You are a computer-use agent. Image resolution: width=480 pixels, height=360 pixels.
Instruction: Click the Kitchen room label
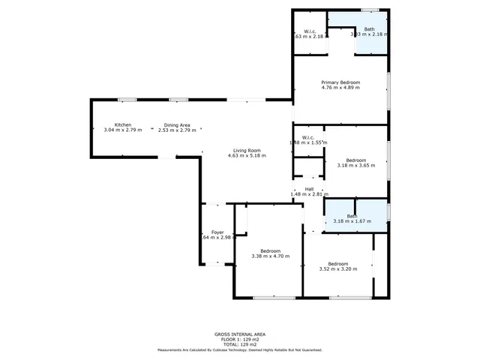123,124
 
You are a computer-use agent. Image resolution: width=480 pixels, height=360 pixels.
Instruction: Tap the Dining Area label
177,124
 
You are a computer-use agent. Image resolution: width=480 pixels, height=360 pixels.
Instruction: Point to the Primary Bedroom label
340,82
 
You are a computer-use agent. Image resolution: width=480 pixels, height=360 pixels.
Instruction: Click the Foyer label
217,232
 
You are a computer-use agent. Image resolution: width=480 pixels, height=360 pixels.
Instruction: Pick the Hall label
309,189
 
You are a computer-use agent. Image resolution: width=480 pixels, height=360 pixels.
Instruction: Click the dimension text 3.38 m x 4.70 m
270,256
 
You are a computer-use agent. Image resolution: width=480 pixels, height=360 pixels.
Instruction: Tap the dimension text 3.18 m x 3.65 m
356,166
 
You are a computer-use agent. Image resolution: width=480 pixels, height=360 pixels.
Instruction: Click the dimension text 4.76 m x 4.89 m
340,88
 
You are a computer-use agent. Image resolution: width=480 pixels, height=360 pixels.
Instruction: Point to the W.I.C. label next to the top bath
309,31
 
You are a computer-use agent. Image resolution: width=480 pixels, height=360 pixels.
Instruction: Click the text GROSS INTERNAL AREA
239,334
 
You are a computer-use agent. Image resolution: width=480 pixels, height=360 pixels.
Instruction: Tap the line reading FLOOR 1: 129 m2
239,339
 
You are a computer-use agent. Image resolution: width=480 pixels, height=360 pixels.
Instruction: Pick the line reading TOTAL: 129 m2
239,344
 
